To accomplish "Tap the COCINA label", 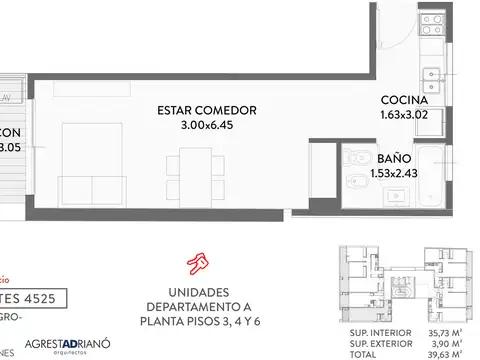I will [405, 101].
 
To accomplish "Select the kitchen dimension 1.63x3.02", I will [405, 116].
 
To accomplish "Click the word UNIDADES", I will [200, 290].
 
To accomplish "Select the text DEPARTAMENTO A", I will [200, 306].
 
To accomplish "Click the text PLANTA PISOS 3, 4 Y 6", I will [200, 322].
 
